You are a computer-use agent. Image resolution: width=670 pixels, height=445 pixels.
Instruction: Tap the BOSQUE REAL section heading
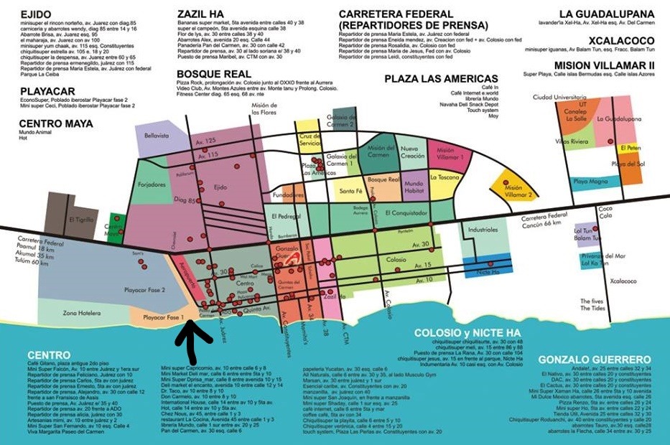coord(214,74)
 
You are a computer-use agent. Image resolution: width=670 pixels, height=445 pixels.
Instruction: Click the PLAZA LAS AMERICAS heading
coord(441,78)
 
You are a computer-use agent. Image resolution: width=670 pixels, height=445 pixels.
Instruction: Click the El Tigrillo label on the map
coord(81,220)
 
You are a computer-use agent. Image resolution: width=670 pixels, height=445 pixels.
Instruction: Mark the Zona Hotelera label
coord(80,313)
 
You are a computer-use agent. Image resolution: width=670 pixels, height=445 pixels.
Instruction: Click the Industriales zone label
coord(482,230)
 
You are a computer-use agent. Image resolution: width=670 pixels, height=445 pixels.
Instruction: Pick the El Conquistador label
coord(406,212)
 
